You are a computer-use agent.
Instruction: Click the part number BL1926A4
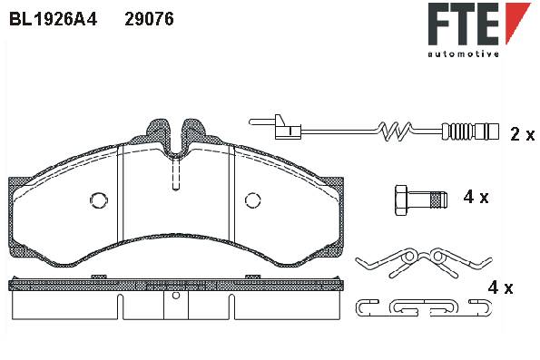[x=53, y=19]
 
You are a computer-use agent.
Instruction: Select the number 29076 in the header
[x=149, y=19]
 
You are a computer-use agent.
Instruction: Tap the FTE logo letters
[x=464, y=24]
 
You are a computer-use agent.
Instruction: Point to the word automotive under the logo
[x=464, y=54]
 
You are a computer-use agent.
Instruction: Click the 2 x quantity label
[x=523, y=134]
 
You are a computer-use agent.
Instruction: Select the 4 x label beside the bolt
[x=476, y=197]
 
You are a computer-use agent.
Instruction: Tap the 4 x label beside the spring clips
[x=500, y=287]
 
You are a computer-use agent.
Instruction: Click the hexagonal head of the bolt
[x=400, y=200]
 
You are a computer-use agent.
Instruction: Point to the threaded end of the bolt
[x=439, y=200]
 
